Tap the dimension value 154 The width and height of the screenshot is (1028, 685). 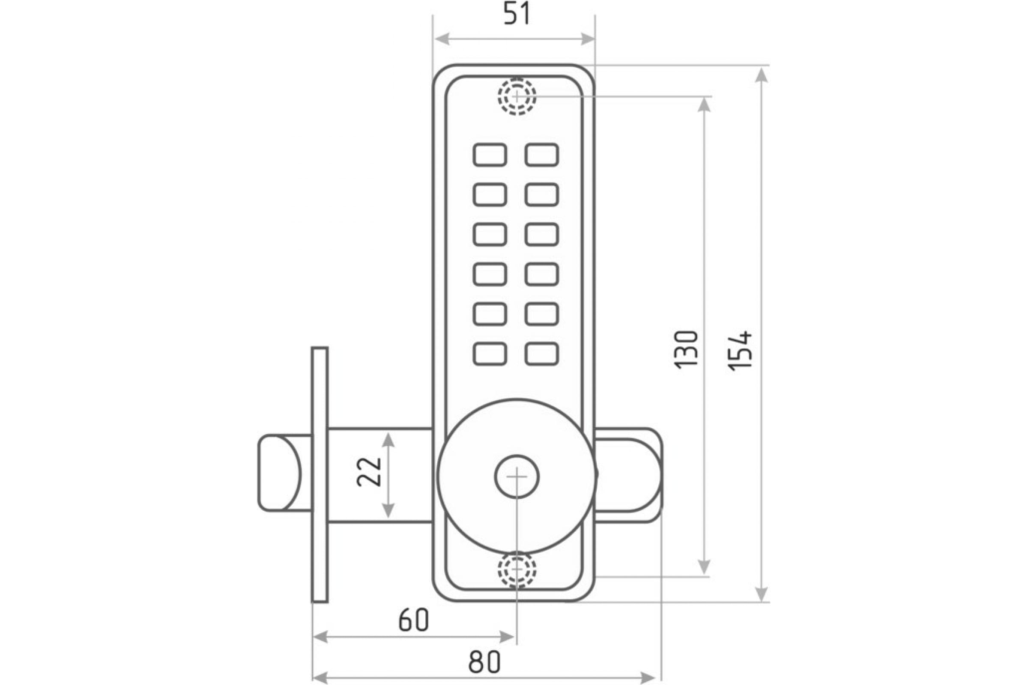click(740, 351)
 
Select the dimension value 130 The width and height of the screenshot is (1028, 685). click(687, 350)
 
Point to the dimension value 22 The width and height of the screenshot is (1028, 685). click(369, 472)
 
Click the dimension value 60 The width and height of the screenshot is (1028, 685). click(414, 620)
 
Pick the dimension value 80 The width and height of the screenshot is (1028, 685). click(484, 662)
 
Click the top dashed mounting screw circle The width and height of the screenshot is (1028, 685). click(517, 96)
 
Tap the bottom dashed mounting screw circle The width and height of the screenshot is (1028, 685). click(517, 570)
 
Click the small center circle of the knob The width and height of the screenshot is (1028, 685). click(517, 477)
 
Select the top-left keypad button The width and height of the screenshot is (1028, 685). click(490, 155)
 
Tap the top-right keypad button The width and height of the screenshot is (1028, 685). click(542, 155)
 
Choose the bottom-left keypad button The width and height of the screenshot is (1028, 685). click(490, 354)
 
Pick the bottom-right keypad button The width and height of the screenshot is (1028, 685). click(542, 354)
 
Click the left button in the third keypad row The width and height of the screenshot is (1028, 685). click(490, 234)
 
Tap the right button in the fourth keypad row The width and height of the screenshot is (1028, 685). click(542, 274)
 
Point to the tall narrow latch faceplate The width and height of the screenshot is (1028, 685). click(320, 475)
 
